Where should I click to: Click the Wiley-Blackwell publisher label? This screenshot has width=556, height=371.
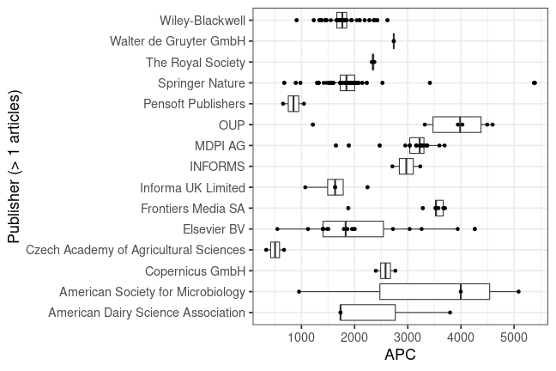(202, 20)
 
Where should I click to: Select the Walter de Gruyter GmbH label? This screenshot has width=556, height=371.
(178, 40)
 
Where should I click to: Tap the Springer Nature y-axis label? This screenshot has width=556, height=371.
(202, 83)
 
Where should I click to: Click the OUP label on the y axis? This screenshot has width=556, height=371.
(233, 125)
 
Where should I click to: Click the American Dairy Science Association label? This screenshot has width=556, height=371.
(147, 313)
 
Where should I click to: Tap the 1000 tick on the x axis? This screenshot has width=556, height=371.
(301, 338)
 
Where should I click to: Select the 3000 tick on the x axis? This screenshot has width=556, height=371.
(408, 338)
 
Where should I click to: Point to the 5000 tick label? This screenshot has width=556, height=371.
(513, 338)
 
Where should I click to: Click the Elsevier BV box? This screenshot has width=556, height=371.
(353, 229)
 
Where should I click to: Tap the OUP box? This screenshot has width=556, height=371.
(456, 125)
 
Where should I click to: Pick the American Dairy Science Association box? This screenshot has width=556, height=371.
(367, 313)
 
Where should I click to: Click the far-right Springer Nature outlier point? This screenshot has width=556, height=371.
(535, 82)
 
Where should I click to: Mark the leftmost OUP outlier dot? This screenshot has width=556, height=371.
(312, 125)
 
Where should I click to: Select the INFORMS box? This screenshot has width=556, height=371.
(406, 167)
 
